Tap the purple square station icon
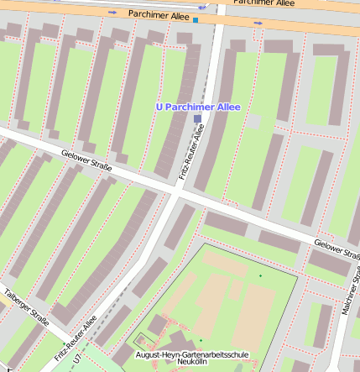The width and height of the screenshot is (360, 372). coord(197,120)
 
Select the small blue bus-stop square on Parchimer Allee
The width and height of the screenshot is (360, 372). coord(196,19)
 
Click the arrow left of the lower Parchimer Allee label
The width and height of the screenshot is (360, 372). coord(113,13)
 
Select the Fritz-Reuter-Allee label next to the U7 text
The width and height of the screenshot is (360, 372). coord(76,338)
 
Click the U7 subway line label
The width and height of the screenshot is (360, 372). coord(77,359)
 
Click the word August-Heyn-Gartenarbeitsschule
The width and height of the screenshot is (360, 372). coord(192,355)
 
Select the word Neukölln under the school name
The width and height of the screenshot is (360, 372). coord(193,364)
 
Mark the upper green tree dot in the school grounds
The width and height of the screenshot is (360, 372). coord(260,276)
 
